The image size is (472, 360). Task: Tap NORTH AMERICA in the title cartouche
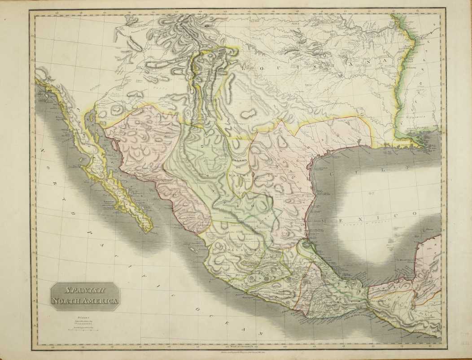(x=84, y=301)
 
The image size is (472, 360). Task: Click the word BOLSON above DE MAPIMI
(x=240, y=160)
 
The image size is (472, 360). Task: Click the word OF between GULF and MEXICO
(x=371, y=194)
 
